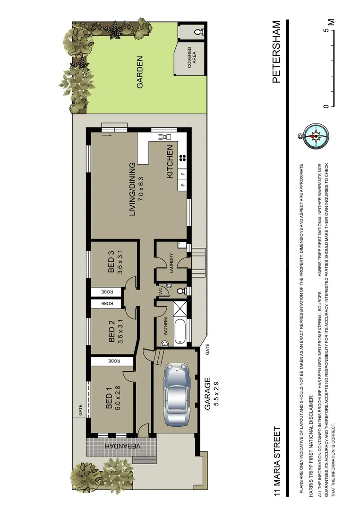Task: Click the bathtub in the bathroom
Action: point(179,332)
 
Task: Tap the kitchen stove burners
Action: point(183,159)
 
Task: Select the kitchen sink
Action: point(164,137)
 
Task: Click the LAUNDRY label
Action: point(172,264)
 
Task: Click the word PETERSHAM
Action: point(276,52)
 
